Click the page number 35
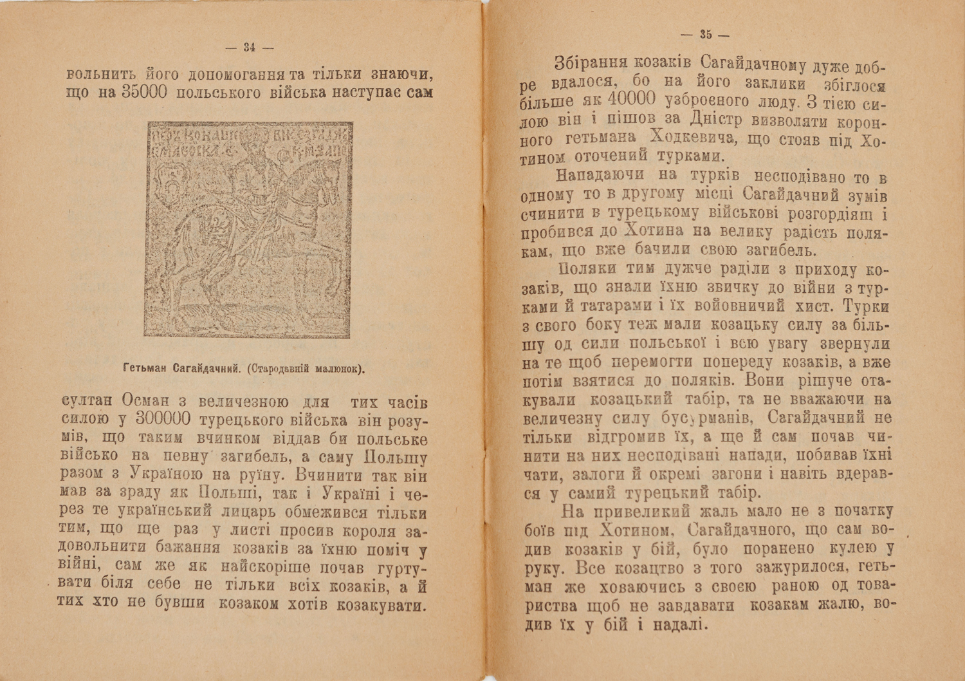coord(706,35)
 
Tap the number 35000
coord(144,93)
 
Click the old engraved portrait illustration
coord(248,230)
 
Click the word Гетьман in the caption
coord(143,369)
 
